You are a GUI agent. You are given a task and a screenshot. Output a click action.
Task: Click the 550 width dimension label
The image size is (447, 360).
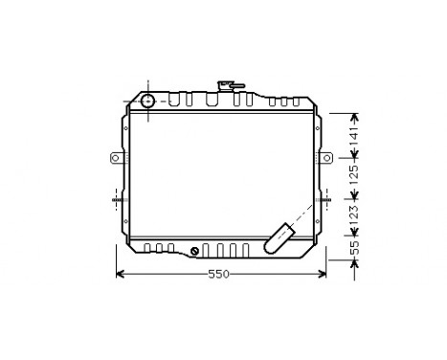(x=219, y=275)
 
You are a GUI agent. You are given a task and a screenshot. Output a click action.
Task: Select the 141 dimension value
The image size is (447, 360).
(x=353, y=138)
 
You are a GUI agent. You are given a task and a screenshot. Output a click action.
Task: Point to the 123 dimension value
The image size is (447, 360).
(x=353, y=217)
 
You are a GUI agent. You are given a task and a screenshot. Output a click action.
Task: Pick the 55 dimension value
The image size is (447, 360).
(x=353, y=249)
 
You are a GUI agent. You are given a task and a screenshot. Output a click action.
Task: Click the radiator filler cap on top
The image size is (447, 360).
(x=229, y=85)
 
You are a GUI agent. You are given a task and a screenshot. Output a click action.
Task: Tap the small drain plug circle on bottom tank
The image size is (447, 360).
(x=195, y=252)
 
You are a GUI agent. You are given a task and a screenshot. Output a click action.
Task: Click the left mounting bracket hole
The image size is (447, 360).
(x=113, y=158)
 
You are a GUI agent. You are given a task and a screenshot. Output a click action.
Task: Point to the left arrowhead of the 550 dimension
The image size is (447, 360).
(x=119, y=275)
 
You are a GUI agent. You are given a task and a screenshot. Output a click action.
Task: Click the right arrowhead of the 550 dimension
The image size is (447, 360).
(x=324, y=275)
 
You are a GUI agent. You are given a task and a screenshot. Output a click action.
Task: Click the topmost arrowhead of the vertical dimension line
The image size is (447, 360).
(x=353, y=116)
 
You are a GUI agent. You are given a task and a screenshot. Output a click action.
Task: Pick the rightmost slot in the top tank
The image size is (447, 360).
(x=295, y=101)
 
